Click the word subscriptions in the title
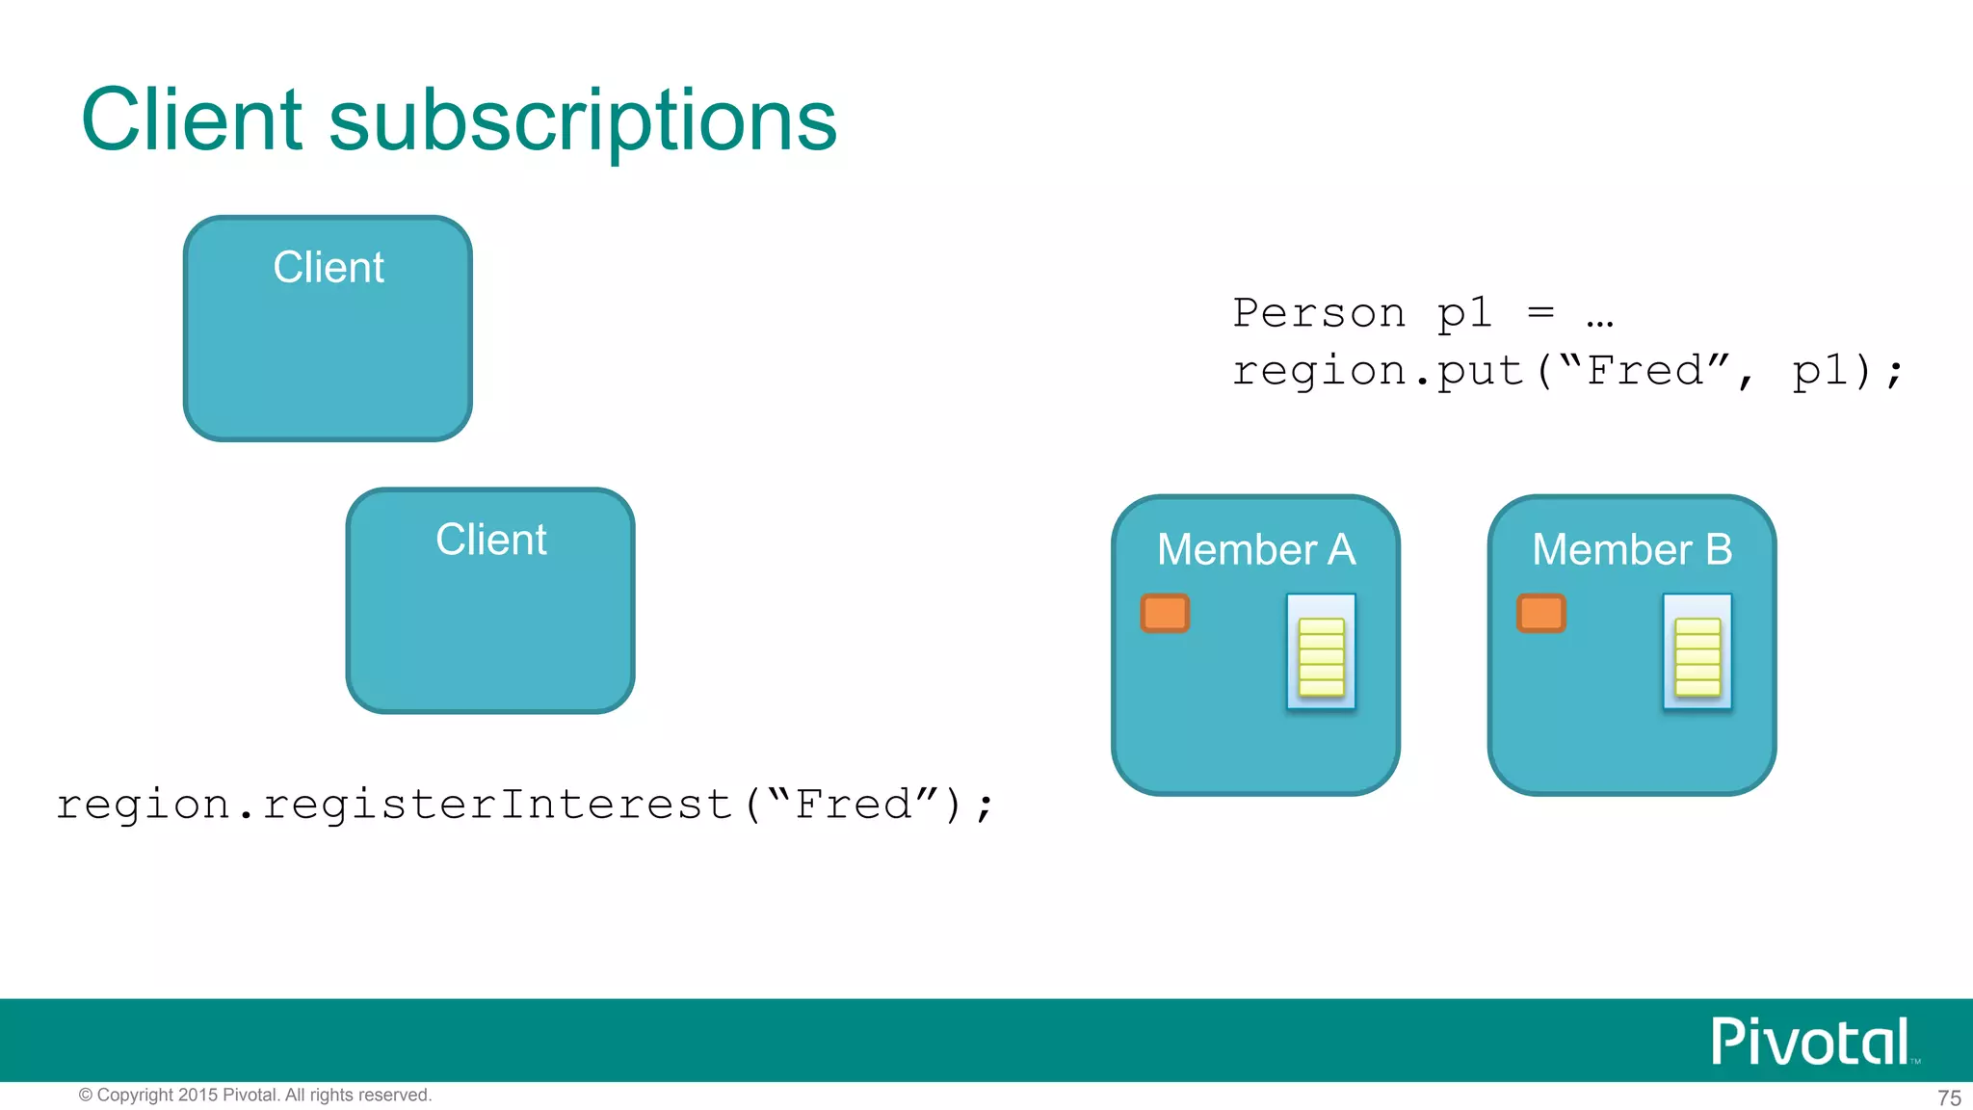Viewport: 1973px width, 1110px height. pyautogui.click(x=583, y=123)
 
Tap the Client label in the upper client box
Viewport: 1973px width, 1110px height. pyautogui.click(x=329, y=267)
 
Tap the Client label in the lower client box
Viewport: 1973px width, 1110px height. pyautogui.click(x=491, y=540)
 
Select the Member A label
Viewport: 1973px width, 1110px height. pyautogui.click(x=1256, y=550)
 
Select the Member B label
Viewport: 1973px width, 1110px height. pyautogui.click(x=1632, y=550)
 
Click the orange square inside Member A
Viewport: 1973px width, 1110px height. pyautogui.click(x=1165, y=613)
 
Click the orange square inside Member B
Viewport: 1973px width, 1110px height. pyautogui.click(x=1541, y=613)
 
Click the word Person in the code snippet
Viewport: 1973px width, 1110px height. pyautogui.click(x=1319, y=313)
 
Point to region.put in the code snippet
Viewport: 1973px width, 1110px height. pyautogui.click(x=1378, y=371)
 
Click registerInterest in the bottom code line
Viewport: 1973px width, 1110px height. pyautogui.click(x=497, y=805)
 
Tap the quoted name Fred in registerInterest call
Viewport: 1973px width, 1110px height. pyautogui.click(x=854, y=805)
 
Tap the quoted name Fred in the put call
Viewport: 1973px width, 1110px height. pyautogui.click(x=1645, y=371)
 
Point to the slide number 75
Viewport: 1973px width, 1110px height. pyautogui.click(x=1949, y=1097)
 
